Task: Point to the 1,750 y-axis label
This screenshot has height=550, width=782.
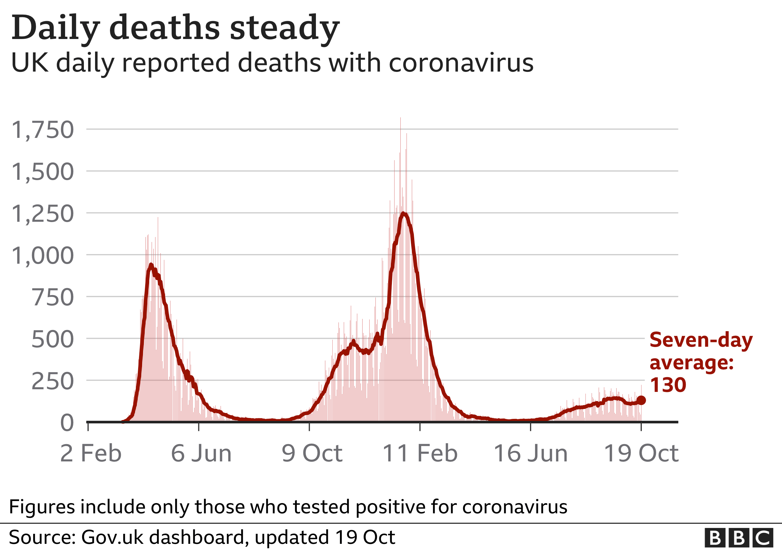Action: coord(43,130)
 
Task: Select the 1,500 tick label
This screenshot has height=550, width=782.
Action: coord(43,172)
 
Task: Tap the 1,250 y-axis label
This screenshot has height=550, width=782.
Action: coord(43,214)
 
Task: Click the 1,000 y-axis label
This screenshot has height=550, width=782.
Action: coord(43,256)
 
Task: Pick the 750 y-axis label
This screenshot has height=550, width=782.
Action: coord(53,298)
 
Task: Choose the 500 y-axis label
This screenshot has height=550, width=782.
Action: coord(53,340)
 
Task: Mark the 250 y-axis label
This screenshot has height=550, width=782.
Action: coord(53,381)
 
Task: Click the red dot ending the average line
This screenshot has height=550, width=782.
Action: coord(641,400)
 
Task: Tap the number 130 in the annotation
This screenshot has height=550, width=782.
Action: coord(668,385)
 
